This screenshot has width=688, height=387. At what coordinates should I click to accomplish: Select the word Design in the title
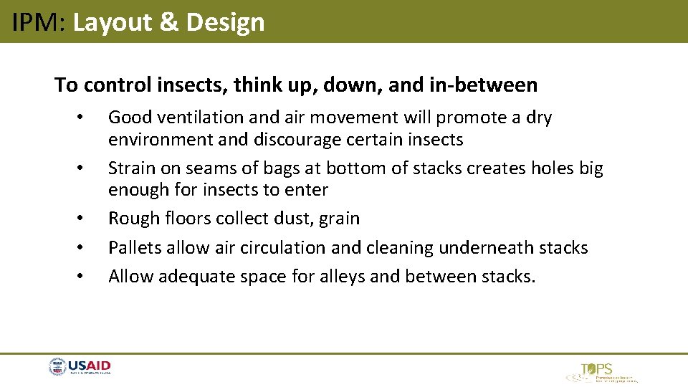pyautogui.click(x=226, y=22)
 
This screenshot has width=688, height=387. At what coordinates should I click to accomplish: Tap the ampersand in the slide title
pyautogui.click(x=168, y=22)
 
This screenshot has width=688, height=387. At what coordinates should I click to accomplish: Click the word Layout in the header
pyautogui.click(x=113, y=22)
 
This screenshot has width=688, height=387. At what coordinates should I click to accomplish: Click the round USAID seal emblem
pyautogui.click(x=57, y=368)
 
